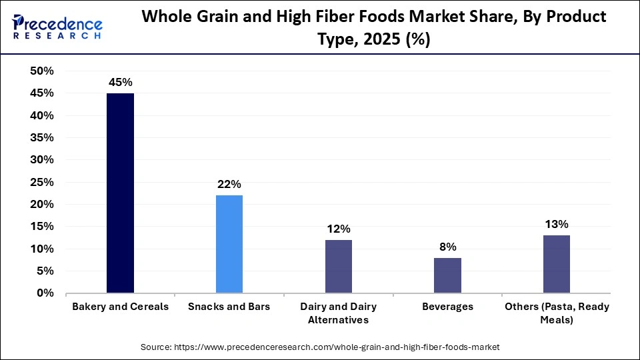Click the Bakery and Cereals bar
(x=120, y=193)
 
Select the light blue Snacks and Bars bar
(x=229, y=244)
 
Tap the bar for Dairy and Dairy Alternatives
(x=338, y=266)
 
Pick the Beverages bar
(x=447, y=275)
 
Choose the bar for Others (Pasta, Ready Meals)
(x=556, y=264)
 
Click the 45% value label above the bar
(x=121, y=83)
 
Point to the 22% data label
(x=229, y=185)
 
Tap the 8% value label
(x=447, y=247)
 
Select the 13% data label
(x=556, y=225)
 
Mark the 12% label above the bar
(x=338, y=229)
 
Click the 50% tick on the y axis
(x=41, y=71)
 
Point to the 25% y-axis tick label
(x=41, y=182)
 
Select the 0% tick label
(x=45, y=293)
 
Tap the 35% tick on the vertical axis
(x=41, y=138)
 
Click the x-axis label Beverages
(x=447, y=307)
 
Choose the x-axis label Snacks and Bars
(x=229, y=307)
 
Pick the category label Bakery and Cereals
(x=120, y=307)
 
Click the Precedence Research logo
(x=57, y=27)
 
